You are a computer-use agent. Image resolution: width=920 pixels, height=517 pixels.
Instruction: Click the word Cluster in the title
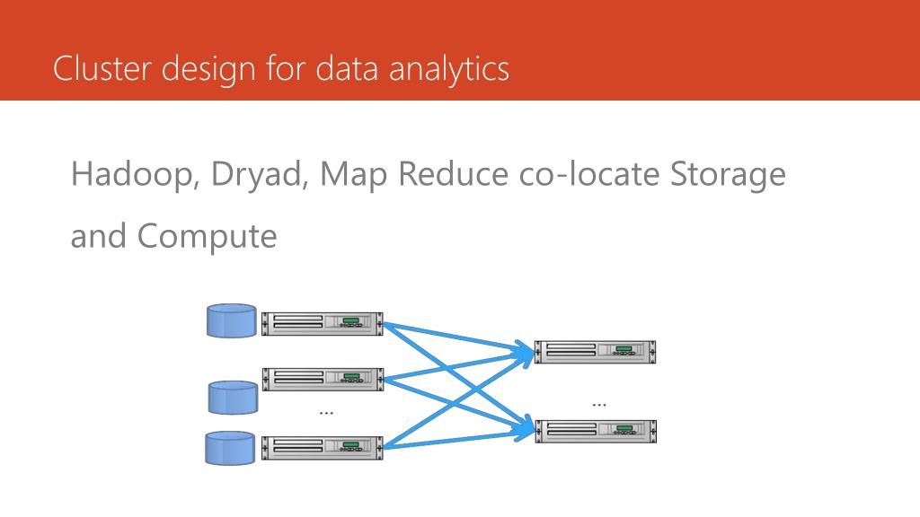click(x=102, y=69)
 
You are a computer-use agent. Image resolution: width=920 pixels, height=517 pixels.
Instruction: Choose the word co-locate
click(x=590, y=174)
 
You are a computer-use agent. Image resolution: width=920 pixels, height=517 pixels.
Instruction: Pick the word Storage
click(x=729, y=175)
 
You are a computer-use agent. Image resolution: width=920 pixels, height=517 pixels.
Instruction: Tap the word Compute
click(x=207, y=236)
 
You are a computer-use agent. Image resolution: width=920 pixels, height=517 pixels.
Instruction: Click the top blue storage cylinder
click(x=232, y=321)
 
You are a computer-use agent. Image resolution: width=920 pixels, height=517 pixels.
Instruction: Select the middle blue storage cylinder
click(x=234, y=397)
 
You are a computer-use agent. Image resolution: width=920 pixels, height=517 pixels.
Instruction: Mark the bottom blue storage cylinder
click(x=230, y=448)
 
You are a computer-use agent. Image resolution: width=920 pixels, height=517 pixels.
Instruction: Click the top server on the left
click(x=323, y=323)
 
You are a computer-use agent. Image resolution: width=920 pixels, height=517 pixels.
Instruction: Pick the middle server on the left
click(x=323, y=379)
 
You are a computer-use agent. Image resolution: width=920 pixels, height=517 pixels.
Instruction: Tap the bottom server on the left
click(x=323, y=448)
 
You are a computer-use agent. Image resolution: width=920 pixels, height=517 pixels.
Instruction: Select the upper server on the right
click(x=596, y=352)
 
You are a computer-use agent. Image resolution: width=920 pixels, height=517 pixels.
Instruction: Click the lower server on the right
click(x=596, y=431)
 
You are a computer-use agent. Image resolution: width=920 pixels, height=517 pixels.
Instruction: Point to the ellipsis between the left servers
click(x=326, y=412)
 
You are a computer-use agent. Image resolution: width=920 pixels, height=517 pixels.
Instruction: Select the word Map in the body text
click(x=349, y=174)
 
